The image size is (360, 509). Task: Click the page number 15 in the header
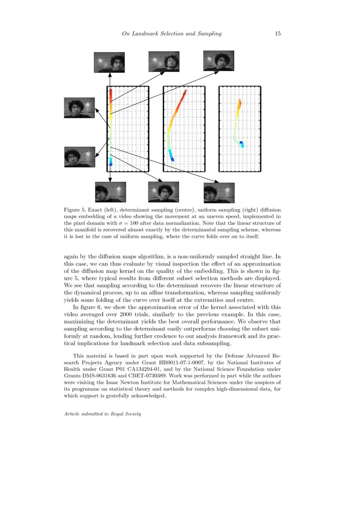pyautogui.click(x=277, y=34)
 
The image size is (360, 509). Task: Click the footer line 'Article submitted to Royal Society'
pyautogui.click(x=102, y=414)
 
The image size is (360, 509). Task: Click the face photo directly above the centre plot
pyautogui.click(x=164, y=61)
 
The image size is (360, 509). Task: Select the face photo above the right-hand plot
pyautogui.click(x=219, y=61)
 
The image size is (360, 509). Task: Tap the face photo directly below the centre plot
pyautogui.click(x=163, y=192)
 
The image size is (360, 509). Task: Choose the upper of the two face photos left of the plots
pyautogui.click(x=80, y=108)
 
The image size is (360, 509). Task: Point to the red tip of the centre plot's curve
pyautogui.click(x=185, y=91)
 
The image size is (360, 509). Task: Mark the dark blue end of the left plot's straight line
pyautogui.click(x=111, y=163)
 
